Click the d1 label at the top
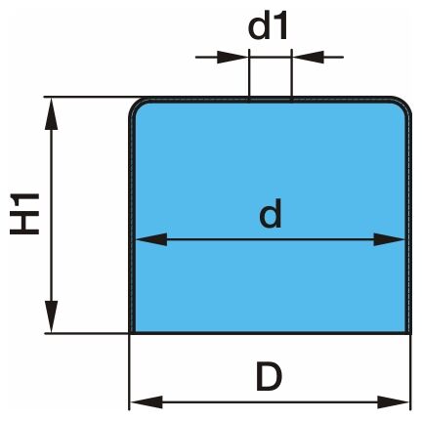(x=268, y=27)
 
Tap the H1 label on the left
(x=24, y=214)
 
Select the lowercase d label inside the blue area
(x=271, y=214)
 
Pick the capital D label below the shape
(x=269, y=377)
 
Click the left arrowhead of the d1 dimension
(x=232, y=57)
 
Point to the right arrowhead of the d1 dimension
(x=308, y=57)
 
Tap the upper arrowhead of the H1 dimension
(x=51, y=113)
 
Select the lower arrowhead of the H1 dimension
(x=51, y=316)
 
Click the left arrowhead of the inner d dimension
(x=151, y=239)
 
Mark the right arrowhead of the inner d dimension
(x=389, y=239)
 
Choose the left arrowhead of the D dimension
(x=147, y=402)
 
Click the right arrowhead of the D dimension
(x=394, y=402)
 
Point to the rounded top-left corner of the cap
(x=135, y=104)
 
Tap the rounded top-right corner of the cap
(x=405, y=103)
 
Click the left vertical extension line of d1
(x=249, y=74)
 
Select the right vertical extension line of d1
(x=291, y=74)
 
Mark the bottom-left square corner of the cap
(x=130, y=333)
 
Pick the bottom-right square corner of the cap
(x=410, y=333)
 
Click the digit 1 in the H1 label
(x=24, y=201)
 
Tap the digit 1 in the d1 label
(x=280, y=28)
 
